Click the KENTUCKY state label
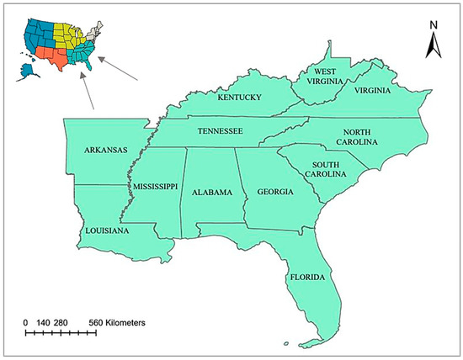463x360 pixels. (x=240, y=98)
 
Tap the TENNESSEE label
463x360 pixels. (x=221, y=131)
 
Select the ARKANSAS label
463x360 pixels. (x=106, y=151)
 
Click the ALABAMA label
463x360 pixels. (x=211, y=193)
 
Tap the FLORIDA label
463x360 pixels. (x=307, y=276)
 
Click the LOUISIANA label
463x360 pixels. (x=106, y=230)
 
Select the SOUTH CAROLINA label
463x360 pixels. (x=328, y=169)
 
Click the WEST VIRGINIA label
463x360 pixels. (x=324, y=77)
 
